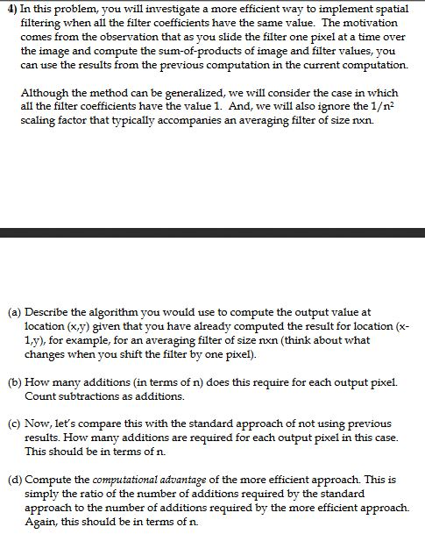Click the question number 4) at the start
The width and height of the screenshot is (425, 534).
pos(10,9)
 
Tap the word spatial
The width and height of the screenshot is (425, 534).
pos(388,9)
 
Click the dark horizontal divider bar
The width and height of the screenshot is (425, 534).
pos(212,233)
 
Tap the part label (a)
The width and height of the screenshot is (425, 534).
pos(14,312)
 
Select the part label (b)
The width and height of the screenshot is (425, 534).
pos(14,382)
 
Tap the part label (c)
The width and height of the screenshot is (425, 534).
pos(14,424)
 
